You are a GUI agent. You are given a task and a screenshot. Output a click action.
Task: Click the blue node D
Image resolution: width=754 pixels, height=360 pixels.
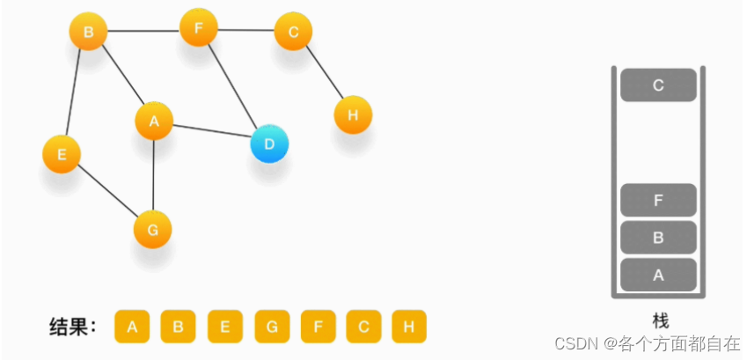point(269,143)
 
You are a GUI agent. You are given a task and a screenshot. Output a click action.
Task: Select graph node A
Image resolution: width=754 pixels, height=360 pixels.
point(154,121)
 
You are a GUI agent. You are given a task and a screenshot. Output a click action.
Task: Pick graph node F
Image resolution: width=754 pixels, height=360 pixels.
point(199,28)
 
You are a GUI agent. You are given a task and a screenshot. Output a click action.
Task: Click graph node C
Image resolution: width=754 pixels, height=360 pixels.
point(293,33)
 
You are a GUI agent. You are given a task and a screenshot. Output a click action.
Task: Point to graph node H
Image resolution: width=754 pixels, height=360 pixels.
point(353,114)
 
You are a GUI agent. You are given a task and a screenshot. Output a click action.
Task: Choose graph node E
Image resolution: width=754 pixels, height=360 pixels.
point(62,155)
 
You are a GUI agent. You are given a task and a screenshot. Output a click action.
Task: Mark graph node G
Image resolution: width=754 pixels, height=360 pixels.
point(152,230)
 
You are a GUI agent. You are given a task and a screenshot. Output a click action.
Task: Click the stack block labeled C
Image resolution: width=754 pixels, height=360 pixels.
point(658,85)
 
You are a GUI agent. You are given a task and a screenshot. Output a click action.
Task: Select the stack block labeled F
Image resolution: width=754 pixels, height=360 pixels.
point(658,200)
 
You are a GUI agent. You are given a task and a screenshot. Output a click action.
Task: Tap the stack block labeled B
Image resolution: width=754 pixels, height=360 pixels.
point(658,238)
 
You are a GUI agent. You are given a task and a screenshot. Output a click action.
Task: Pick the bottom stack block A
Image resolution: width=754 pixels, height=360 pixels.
point(658,275)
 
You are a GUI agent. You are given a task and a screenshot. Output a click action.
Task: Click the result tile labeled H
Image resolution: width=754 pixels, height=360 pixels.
point(409,327)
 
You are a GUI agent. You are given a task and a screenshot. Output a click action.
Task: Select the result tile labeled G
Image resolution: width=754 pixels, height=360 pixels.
point(271,327)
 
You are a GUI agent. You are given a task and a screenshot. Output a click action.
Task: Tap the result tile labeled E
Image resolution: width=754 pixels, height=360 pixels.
point(224,327)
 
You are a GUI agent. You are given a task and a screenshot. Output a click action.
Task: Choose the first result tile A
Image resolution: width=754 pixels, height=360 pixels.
point(132,327)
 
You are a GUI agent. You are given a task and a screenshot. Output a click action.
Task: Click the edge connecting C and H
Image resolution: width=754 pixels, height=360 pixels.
point(323,73)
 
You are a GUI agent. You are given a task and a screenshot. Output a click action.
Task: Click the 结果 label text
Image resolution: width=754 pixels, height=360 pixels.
point(72,327)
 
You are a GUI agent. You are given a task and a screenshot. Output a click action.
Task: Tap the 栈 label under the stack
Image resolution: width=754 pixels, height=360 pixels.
point(660,320)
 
